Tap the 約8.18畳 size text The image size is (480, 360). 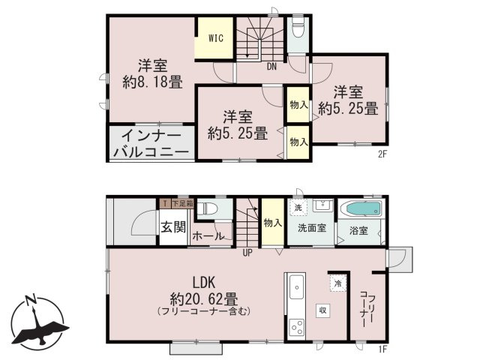click(152, 83)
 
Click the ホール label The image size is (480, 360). click(208, 236)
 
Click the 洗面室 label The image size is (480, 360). click(310, 229)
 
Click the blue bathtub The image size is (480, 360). click(361, 208)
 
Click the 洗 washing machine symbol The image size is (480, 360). click(298, 207)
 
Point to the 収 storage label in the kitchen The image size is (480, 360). click(320, 310)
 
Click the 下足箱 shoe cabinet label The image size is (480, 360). click(181, 202)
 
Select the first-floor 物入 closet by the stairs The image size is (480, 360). click(271, 222)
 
